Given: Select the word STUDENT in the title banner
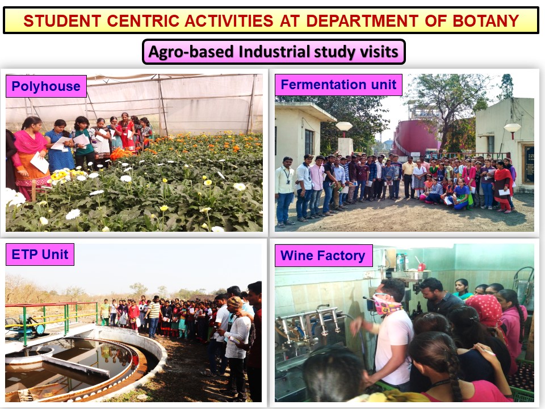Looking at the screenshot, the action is [62, 21].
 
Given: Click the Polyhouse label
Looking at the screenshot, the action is [46, 86].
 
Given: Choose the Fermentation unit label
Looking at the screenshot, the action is [338, 85].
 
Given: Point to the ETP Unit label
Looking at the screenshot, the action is [40, 254].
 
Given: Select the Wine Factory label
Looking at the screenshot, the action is [323, 256].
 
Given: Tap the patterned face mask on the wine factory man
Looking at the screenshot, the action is [386, 304].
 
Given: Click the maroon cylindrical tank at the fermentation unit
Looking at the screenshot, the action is [416, 137].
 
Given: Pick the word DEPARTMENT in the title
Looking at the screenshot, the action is [362, 21].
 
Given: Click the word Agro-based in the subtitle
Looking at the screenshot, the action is [191, 52].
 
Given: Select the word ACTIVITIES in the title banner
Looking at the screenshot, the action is [229, 21].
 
